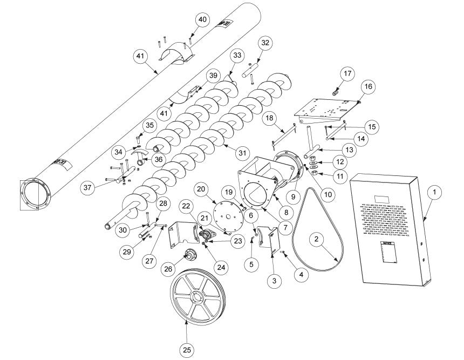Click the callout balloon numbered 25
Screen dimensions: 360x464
(x=187, y=350)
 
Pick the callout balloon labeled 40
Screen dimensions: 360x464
(x=202, y=19)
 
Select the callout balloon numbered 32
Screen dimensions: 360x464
(x=264, y=43)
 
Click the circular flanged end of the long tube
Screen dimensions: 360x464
(x=33, y=194)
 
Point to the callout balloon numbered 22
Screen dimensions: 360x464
(x=186, y=207)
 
